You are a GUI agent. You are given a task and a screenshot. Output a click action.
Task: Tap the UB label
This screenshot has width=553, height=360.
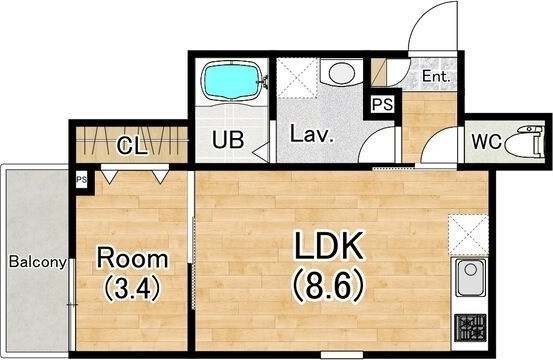[228, 140]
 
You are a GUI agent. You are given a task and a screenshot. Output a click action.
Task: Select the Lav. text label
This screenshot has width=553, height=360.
[311, 133]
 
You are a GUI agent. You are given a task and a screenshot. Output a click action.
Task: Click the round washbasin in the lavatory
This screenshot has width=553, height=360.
[341, 73]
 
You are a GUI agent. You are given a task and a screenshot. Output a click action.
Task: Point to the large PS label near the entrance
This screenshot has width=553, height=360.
[383, 104]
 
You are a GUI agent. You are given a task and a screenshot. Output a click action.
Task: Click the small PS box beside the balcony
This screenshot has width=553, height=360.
[82, 180]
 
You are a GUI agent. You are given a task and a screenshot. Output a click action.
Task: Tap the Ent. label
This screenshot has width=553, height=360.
[436, 77]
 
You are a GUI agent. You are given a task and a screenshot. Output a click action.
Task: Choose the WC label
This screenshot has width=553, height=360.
[486, 142]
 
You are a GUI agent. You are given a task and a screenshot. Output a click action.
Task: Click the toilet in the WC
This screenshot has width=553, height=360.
[525, 142]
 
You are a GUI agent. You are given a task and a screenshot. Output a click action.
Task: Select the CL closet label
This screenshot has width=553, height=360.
[132, 146]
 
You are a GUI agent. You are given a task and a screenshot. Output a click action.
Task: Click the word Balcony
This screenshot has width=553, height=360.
[37, 262]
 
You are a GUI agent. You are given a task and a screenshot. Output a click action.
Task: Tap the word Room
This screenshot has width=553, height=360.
[132, 259]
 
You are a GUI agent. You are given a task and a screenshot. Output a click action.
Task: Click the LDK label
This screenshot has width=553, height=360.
[328, 246]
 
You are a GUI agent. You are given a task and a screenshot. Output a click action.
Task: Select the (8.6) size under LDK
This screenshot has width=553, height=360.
[328, 285]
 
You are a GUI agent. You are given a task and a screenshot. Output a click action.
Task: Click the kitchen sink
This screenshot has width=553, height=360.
[470, 277]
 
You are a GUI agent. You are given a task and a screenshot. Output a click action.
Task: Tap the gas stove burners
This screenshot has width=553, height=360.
[470, 328]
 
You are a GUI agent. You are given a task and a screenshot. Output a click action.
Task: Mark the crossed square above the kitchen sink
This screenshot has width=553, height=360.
[468, 235]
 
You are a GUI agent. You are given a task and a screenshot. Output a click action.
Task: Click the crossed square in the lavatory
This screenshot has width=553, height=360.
[297, 78]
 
